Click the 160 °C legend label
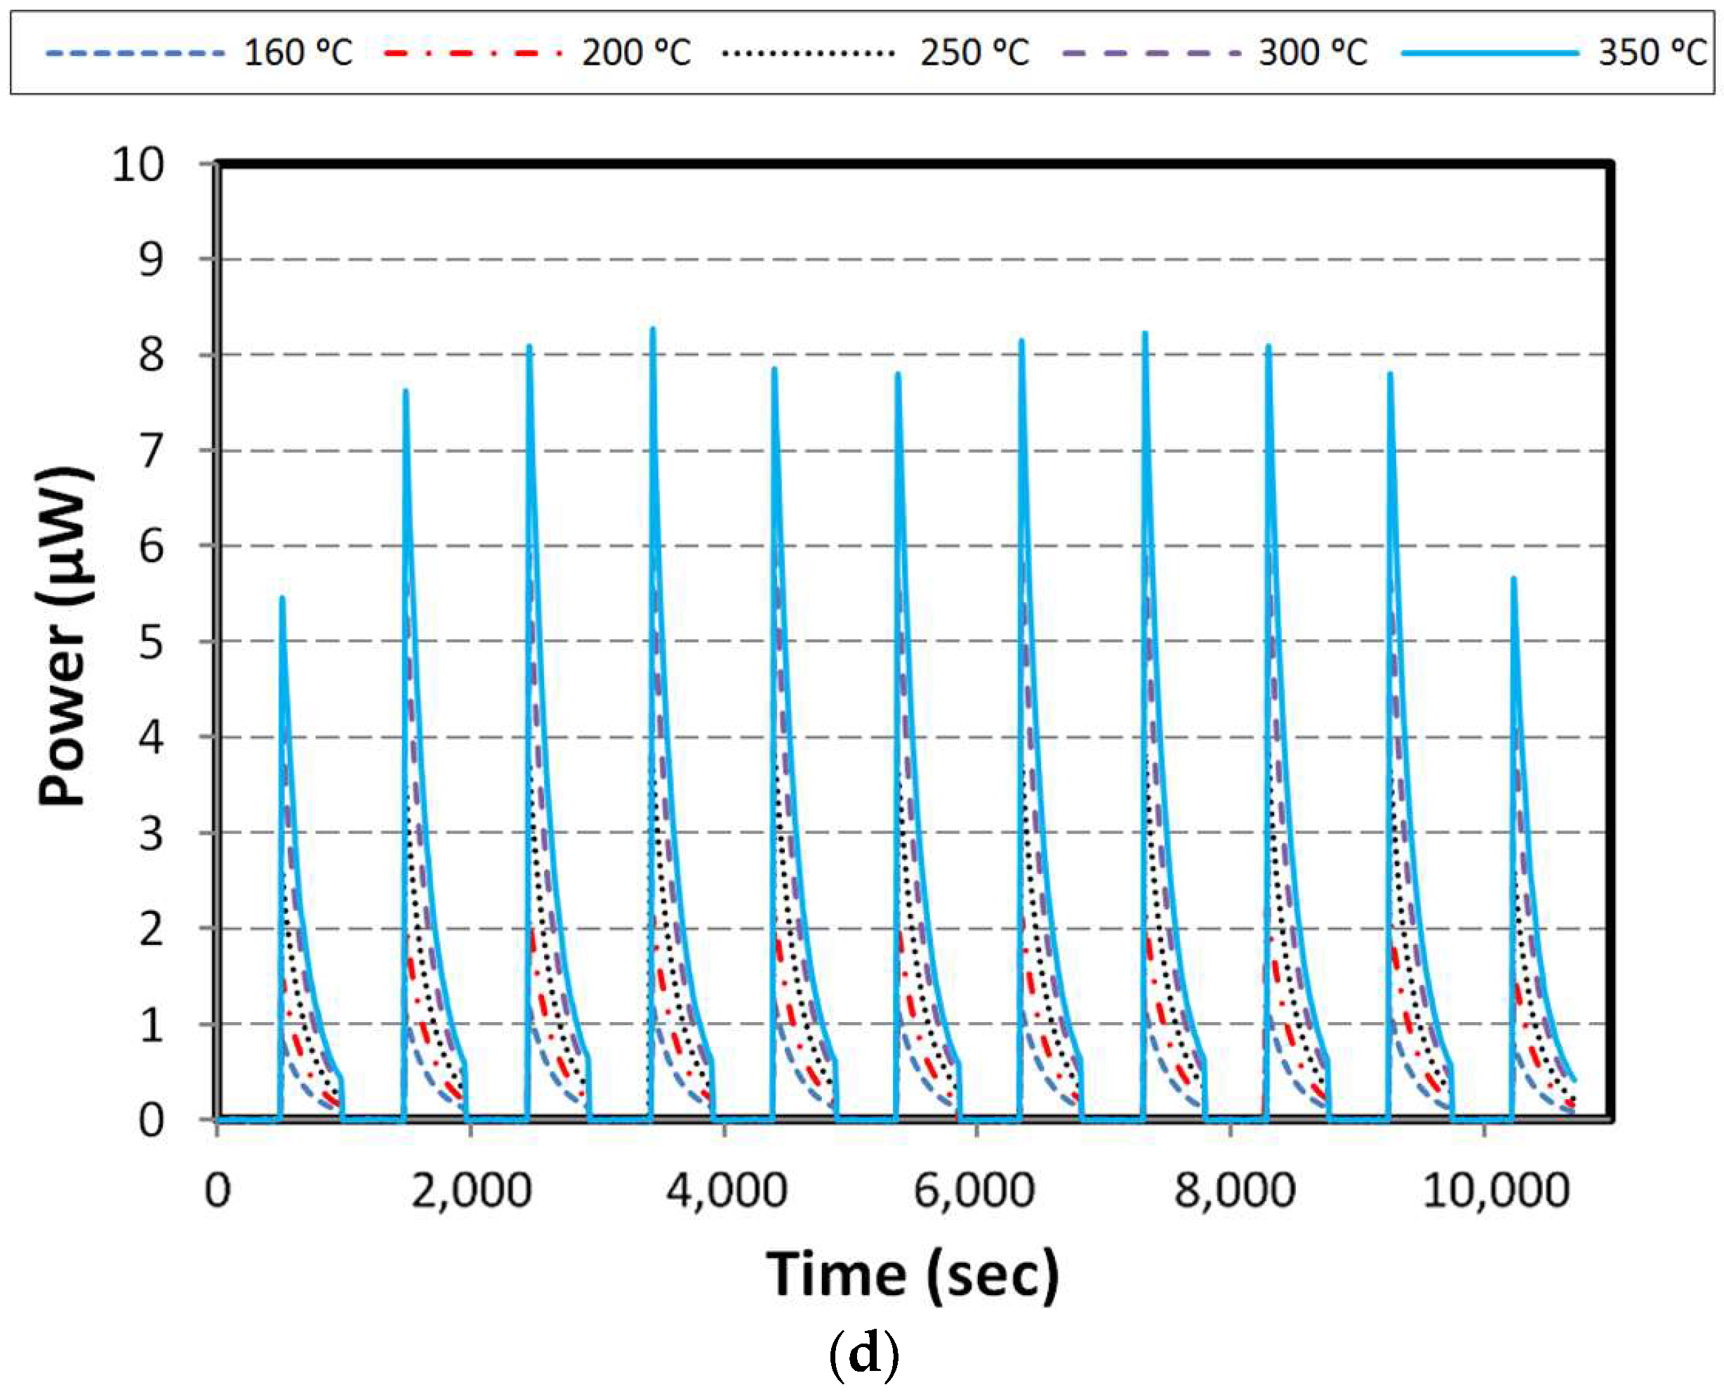click(x=298, y=53)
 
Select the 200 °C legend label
click(x=636, y=53)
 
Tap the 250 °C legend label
click(x=974, y=53)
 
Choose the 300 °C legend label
click(x=1313, y=53)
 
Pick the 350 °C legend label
click(x=1652, y=53)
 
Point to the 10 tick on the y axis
click(x=137, y=165)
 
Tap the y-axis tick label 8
click(x=151, y=355)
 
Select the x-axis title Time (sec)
click(x=913, y=1275)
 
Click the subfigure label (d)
click(x=863, y=1355)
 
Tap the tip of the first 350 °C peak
click(x=282, y=598)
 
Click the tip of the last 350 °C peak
click(x=1513, y=578)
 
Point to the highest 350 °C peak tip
click(x=653, y=328)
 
